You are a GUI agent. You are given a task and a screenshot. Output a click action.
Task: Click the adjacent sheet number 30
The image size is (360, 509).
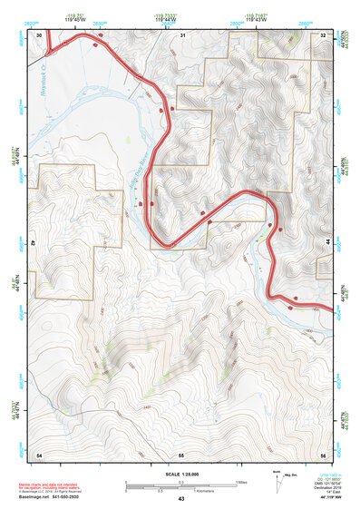[x=39, y=34]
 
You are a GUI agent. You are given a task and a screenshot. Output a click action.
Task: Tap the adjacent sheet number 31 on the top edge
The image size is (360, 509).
[x=181, y=34]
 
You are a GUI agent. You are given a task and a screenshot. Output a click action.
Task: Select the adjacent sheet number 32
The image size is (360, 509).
[x=323, y=34]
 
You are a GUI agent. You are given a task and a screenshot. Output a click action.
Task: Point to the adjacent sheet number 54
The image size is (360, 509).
[x=39, y=453]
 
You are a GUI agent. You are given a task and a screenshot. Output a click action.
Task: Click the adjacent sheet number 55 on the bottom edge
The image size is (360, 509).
[x=181, y=453]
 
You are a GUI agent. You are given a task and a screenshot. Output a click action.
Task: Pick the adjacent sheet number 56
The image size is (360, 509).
[x=323, y=453]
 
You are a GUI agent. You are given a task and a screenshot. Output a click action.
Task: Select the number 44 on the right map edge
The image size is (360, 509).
[x=326, y=243]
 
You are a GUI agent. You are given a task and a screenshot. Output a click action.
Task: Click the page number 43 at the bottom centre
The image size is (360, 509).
[x=181, y=499]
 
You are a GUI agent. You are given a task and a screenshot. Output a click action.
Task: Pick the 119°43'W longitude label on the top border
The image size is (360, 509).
[x=257, y=21]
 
